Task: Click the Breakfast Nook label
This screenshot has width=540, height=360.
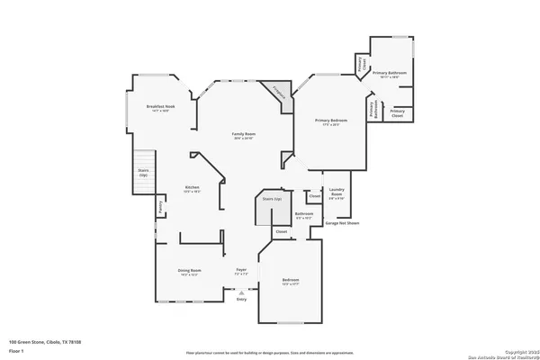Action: coord(159,109)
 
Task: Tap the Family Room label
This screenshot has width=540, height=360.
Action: coord(243,136)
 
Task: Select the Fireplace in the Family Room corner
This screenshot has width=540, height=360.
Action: coord(280,94)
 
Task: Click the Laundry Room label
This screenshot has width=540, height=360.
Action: coord(336,193)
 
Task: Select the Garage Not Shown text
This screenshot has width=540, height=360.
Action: coord(342,222)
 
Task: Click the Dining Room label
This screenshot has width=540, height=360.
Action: coord(188,272)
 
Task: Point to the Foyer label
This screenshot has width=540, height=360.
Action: coord(241,272)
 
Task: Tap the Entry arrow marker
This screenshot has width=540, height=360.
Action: coord(240,292)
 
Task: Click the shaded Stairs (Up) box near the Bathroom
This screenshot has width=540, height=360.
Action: coord(271,209)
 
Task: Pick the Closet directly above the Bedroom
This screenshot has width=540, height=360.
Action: coord(281,231)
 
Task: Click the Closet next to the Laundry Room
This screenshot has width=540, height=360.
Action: coord(314,195)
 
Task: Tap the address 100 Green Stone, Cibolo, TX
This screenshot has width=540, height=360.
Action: coord(45,343)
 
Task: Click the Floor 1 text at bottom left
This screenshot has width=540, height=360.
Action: coord(17,350)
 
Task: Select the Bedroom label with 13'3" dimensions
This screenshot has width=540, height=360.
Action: coord(290,281)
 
